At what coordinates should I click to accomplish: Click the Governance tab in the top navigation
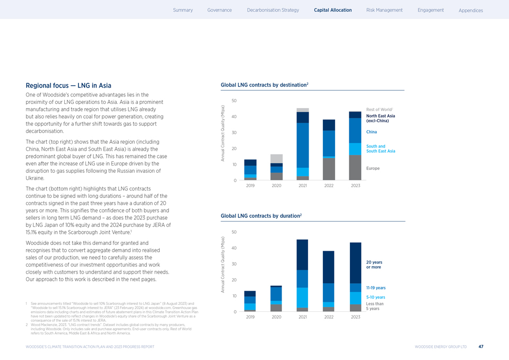[x=220, y=10]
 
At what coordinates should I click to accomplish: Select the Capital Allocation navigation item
[x=332, y=10]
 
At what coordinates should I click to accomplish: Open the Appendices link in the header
[x=471, y=11]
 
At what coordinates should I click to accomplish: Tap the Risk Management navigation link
[x=384, y=10]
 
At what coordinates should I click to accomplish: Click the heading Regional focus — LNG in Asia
[x=68, y=85]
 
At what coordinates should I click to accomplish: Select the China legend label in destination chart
[x=372, y=131]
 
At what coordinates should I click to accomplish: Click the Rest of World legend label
[x=378, y=110]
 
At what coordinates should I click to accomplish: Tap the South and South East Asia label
[x=380, y=149]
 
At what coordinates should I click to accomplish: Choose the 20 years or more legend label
[x=374, y=265]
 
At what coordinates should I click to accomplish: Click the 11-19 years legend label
[x=376, y=288]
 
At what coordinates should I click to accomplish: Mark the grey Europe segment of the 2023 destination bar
[x=355, y=168]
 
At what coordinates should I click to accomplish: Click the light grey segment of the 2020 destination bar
[x=276, y=159]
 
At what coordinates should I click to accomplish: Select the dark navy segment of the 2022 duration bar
[x=328, y=267]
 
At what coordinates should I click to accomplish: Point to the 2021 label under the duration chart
[x=303, y=317]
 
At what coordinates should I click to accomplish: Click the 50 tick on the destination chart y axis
[x=234, y=101]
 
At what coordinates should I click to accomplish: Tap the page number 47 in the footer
[x=480, y=347]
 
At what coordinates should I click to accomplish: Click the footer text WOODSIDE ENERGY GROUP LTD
[x=441, y=347]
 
